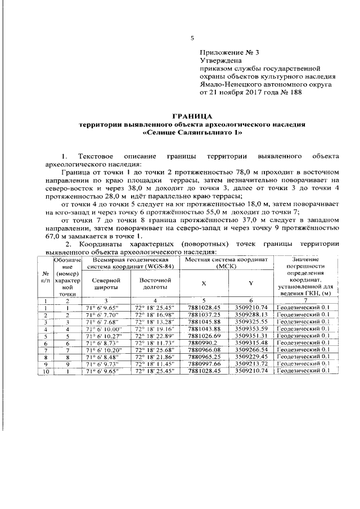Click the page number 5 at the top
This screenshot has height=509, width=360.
192,38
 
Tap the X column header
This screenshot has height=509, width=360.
203,283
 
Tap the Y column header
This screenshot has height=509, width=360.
250,283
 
